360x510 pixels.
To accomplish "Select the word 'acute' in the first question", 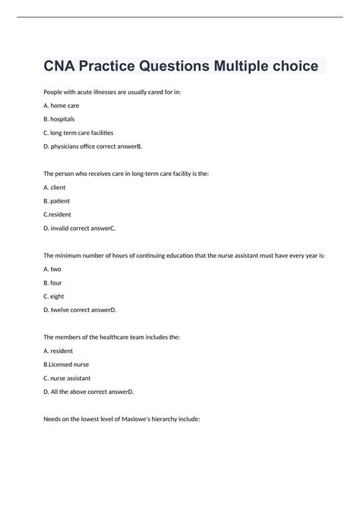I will click(89, 92).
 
